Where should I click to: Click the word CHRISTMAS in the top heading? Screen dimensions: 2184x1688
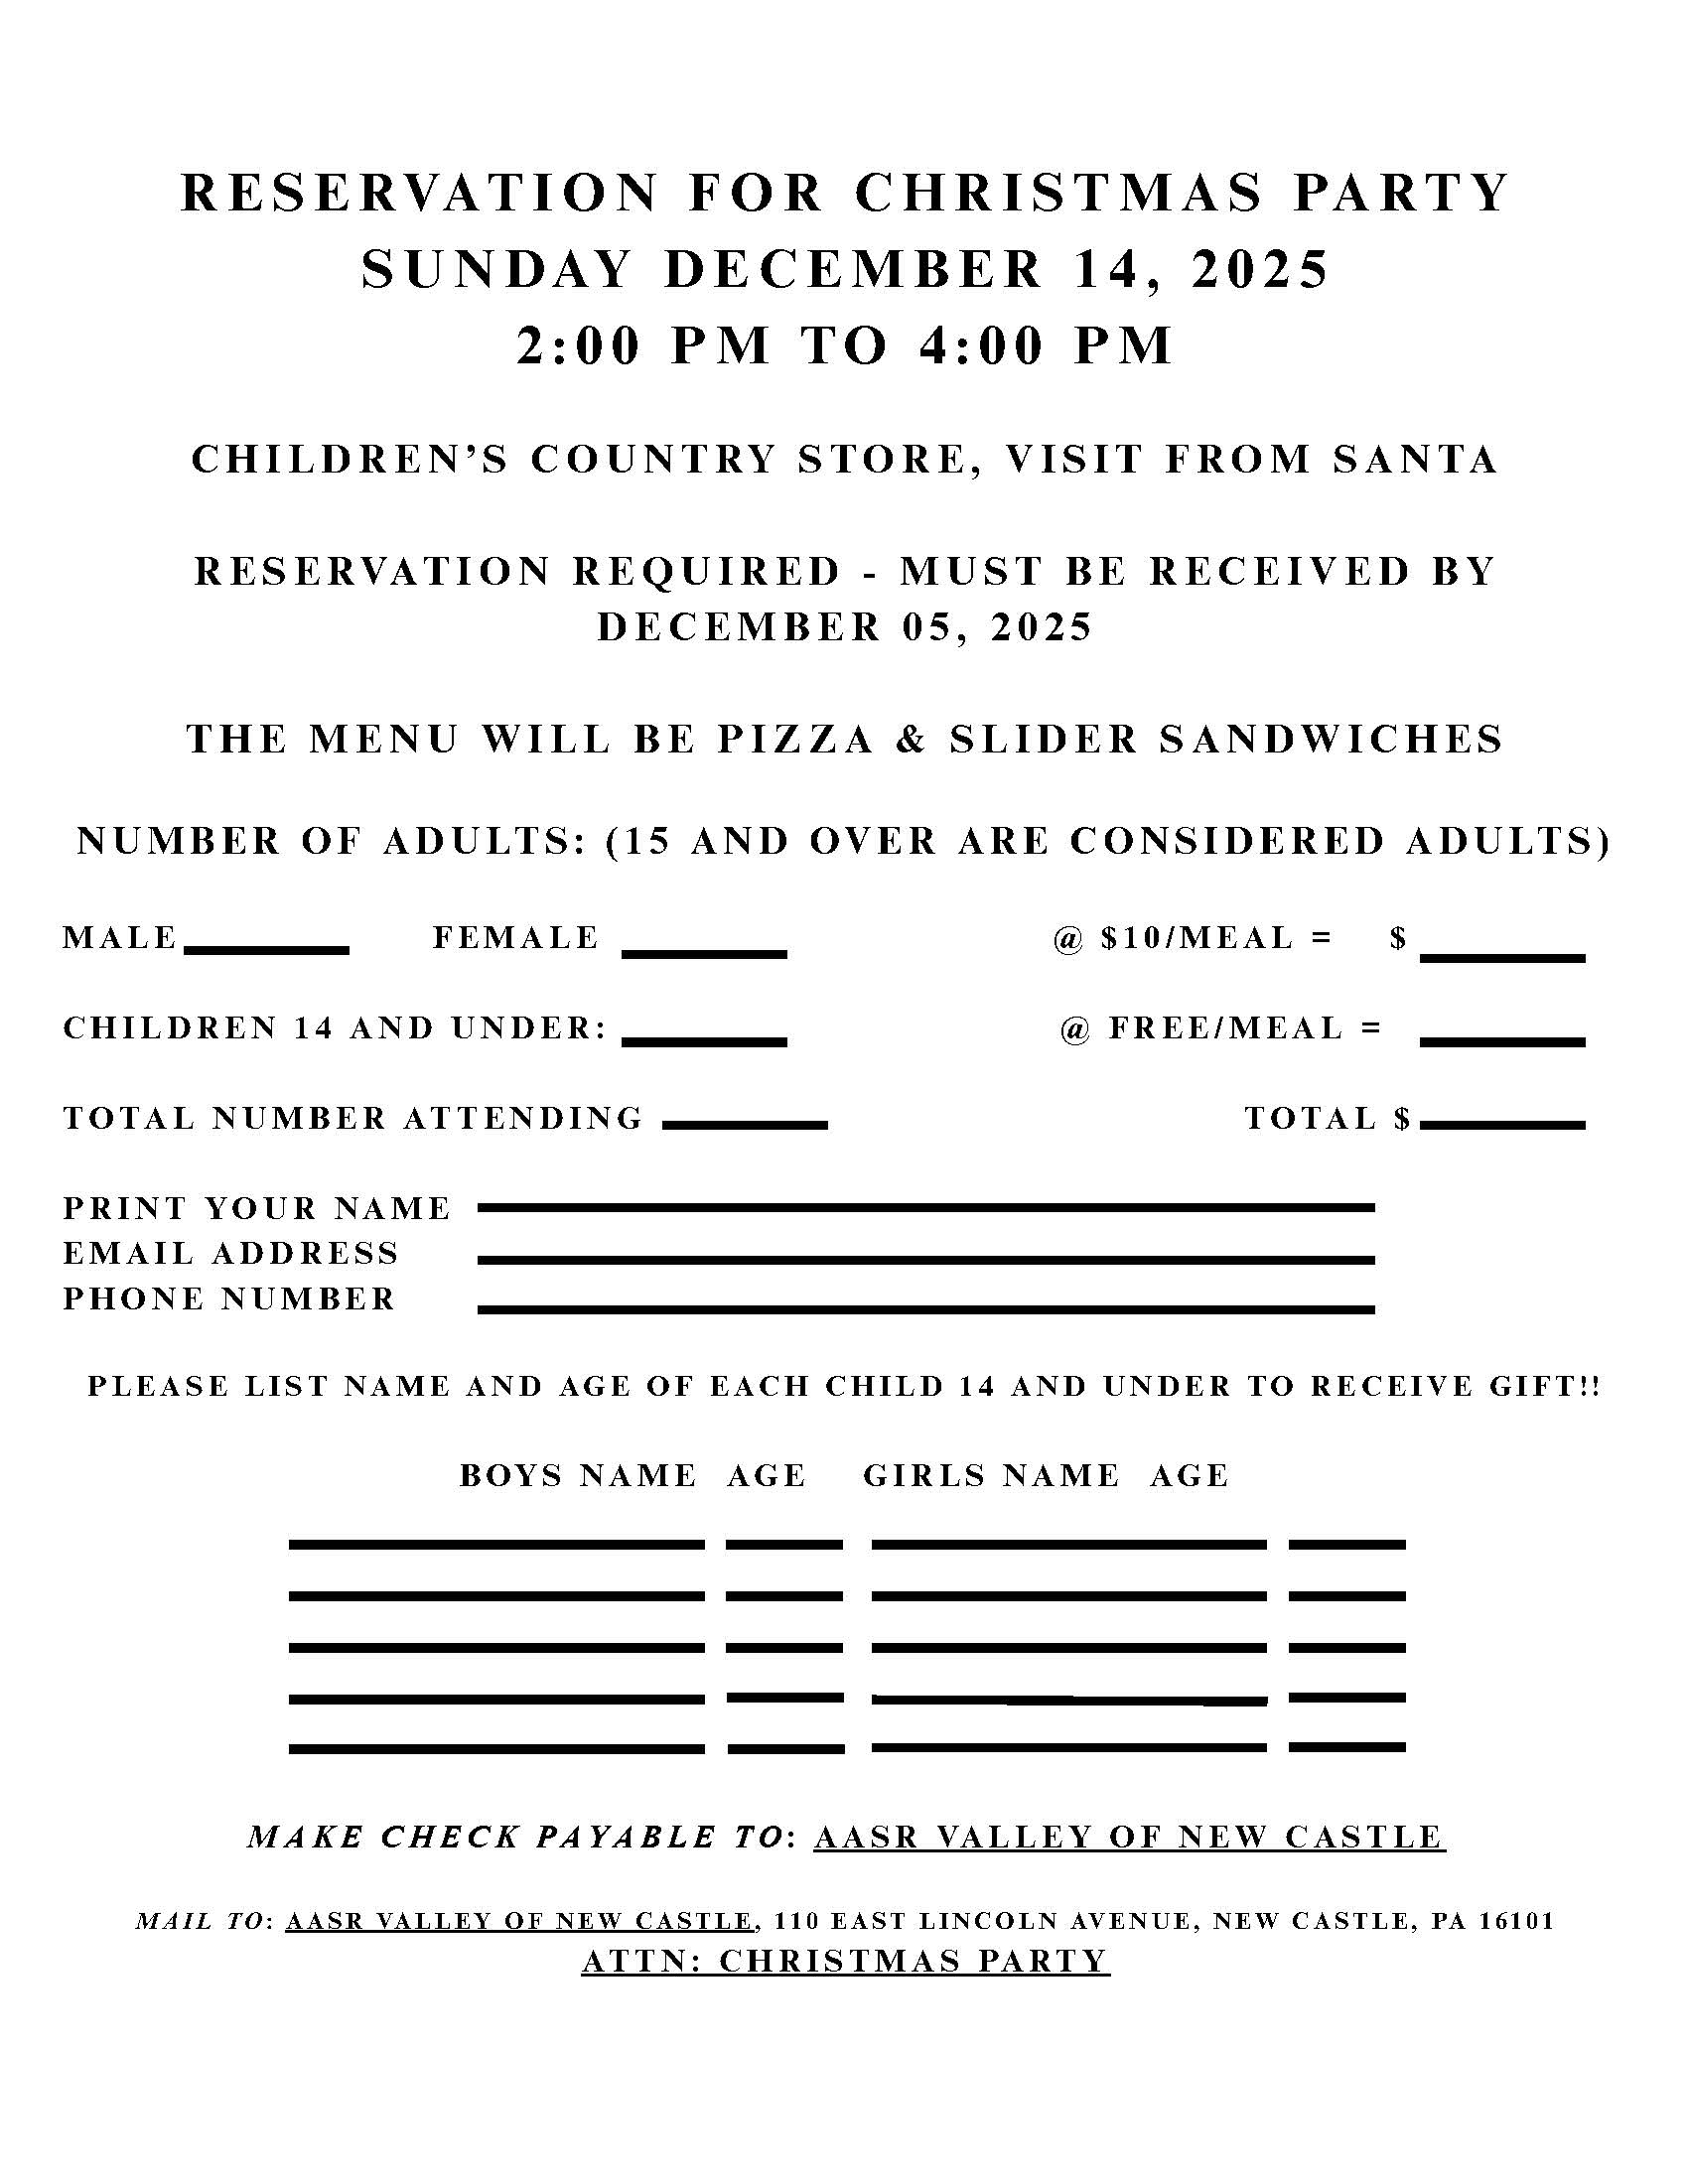pos(1059,192)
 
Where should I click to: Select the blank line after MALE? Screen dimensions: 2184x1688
pos(266,950)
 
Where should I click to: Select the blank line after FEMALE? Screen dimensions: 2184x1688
pos(704,953)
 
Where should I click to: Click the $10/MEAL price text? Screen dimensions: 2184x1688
pos(1197,938)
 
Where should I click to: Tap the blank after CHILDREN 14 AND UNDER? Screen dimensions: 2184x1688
pos(704,1041)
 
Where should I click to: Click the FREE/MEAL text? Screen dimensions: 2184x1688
pos(1226,1028)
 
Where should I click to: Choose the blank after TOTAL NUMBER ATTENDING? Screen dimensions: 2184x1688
pos(745,1125)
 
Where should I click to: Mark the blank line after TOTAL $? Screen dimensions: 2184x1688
pos(1502,1125)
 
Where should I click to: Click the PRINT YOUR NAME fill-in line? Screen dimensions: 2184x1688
pos(926,1208)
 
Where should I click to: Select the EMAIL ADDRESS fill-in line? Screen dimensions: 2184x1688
pos(926,1260)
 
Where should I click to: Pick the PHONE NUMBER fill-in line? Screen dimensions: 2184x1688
pos(926,1309)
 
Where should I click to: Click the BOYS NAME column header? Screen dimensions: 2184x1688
pos(578,1476)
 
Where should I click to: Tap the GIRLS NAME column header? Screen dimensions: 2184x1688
pos(991,1476)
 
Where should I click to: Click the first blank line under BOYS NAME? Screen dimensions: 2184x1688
pos(496,1545)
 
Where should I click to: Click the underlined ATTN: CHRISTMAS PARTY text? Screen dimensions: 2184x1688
pos(845,1961)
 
